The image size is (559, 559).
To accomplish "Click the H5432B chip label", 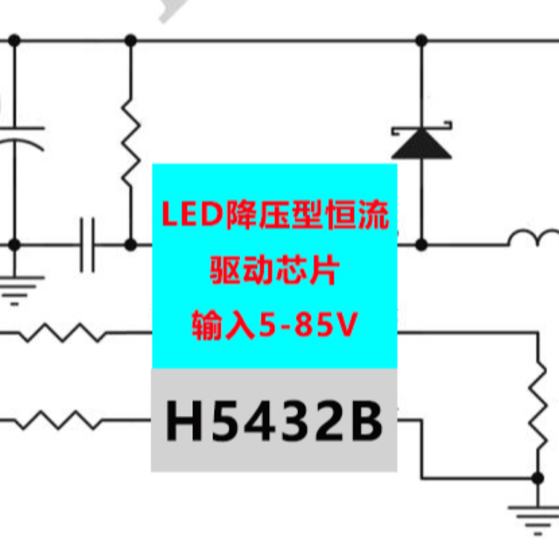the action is (x=274, y=420).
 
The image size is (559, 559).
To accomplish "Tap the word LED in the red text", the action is (x=192, y=215).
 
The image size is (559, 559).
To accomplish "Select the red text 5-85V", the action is (x=308, y=324).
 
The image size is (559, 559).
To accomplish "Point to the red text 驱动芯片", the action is (x=274, y=269).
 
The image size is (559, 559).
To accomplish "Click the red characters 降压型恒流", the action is (x=307, y=215).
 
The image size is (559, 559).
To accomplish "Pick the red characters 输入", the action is (x=224, y=325).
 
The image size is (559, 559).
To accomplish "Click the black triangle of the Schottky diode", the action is (x=421, y=144).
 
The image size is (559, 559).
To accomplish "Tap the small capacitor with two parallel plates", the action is (x=87, y=245).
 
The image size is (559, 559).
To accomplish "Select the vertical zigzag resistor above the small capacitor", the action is (x=131, y=142).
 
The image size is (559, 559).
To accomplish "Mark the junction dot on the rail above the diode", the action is (x=421, y=40).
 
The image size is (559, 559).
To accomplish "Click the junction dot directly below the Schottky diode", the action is (x=421, y=245).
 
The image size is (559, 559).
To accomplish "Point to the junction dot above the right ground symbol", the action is (x=537, y=478).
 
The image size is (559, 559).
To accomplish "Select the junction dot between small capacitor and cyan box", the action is (x=131, y=245).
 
